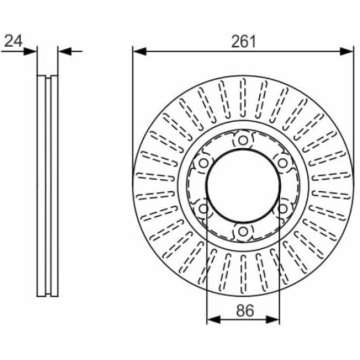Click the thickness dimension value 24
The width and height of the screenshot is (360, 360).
[12, 41]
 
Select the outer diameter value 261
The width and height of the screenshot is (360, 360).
[244, 41]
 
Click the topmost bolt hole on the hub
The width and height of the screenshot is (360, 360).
[243, 140]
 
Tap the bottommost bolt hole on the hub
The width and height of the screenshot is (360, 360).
[243, 231]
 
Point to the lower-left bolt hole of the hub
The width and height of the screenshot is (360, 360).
[203, 208]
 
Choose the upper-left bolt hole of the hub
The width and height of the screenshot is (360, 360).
[203, 162]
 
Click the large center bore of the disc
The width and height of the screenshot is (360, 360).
[243, 185]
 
